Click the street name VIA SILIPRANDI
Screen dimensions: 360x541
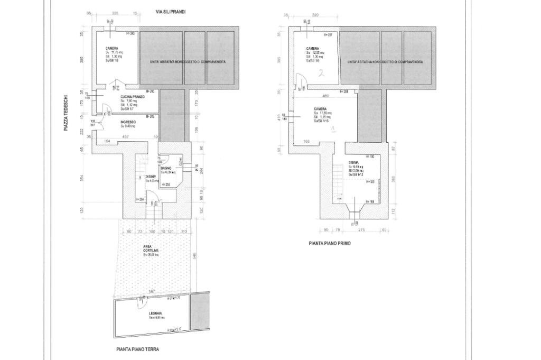(170, 11)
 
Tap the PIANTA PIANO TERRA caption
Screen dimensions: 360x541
(137, 349)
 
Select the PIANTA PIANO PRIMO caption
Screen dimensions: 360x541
(329, 244)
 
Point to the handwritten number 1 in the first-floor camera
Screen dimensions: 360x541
(333, 129)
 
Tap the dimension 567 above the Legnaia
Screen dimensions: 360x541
(152, 291)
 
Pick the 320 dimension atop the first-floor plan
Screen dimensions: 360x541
(315, 15)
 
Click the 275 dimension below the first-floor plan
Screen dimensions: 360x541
(362, 230)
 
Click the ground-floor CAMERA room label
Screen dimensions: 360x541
(112, 48)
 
